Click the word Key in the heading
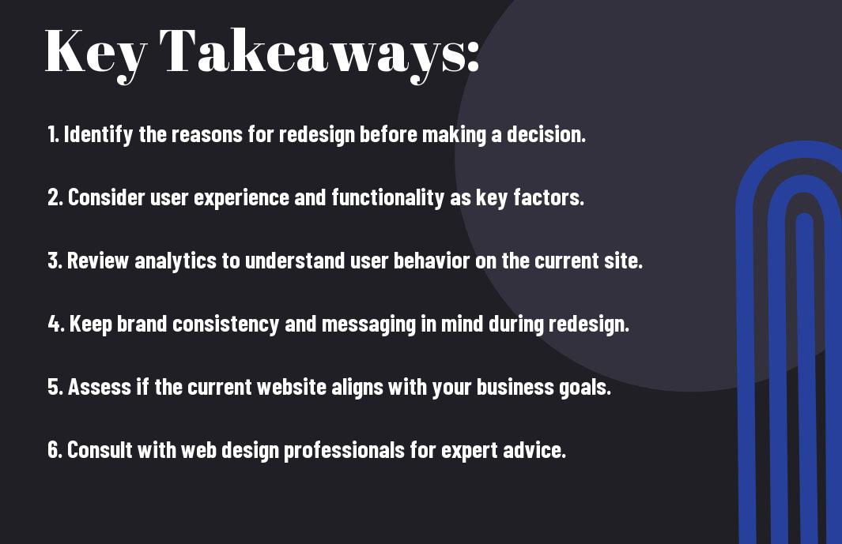96,54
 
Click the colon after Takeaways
473,56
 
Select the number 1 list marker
53,134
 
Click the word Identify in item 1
98,135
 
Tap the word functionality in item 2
387,198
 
